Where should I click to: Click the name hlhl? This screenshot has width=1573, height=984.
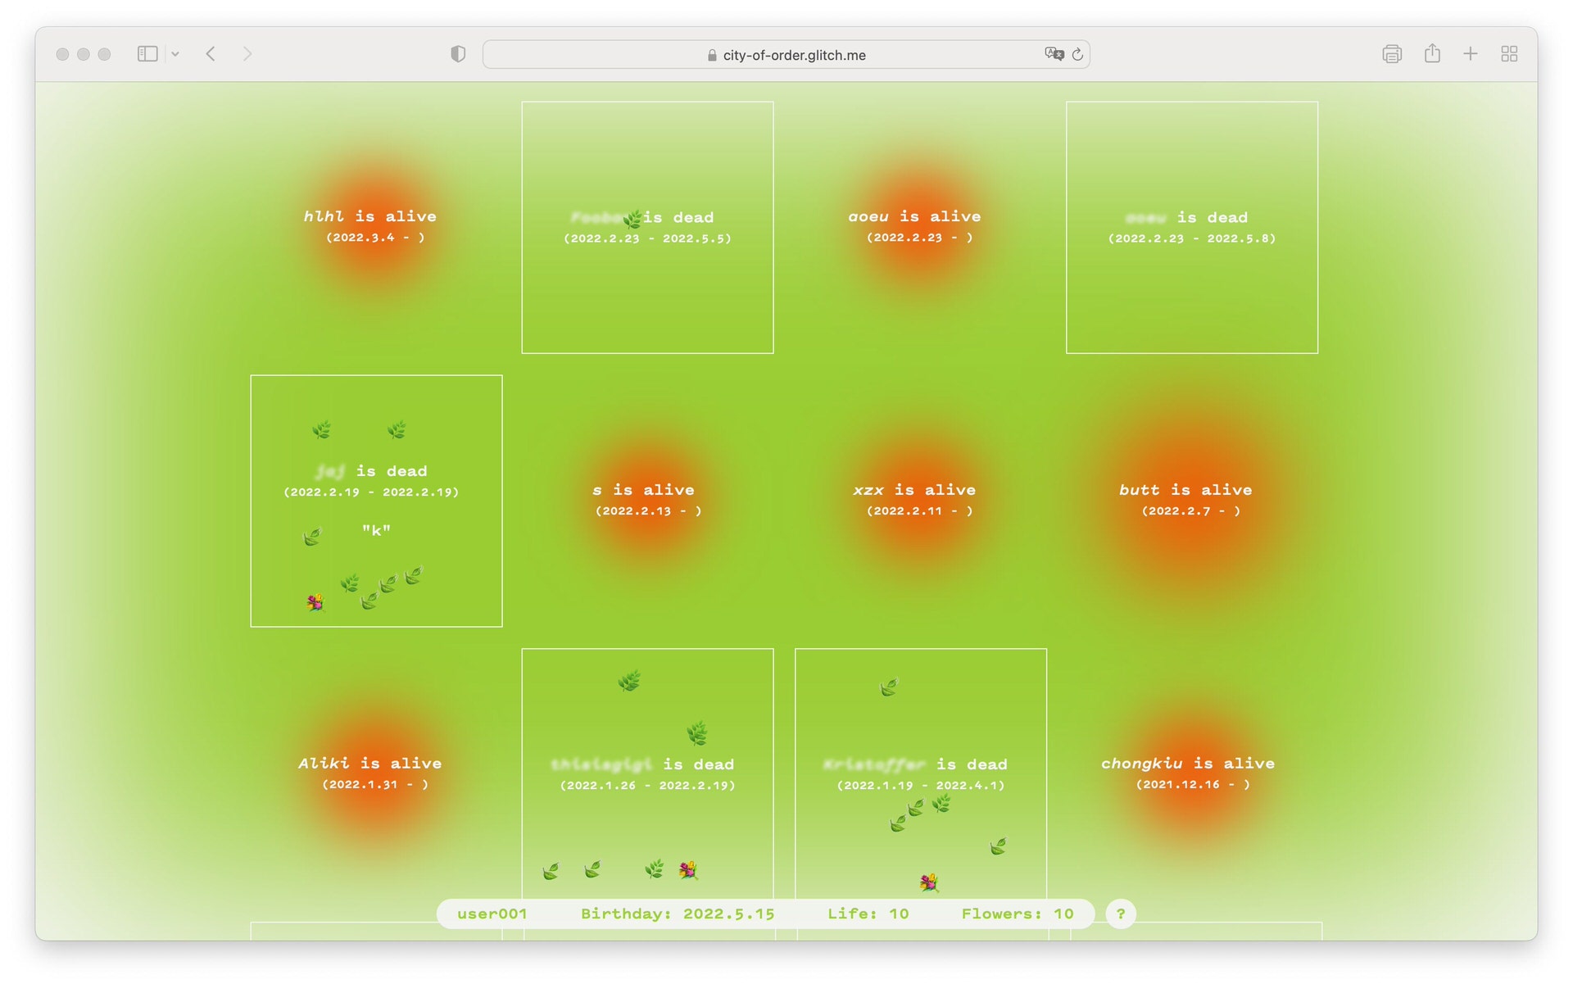coord(324,216)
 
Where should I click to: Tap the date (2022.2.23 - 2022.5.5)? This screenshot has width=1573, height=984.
coord(647,238)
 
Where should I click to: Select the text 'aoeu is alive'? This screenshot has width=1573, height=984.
coord(914,216)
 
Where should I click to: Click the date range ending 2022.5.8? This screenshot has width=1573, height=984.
coord(1191,238)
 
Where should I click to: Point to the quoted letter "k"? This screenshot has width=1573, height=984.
coord(376,530)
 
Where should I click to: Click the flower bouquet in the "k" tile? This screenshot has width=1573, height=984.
coord(315,603)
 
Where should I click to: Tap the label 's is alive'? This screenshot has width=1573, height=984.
coord(643,490)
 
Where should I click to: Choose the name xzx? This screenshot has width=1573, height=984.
coord(868,490)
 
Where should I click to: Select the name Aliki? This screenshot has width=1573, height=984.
coord(324,764)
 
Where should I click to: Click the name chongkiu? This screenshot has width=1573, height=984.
coord(1141,764)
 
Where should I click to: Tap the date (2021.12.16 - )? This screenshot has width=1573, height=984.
coord(1193,784)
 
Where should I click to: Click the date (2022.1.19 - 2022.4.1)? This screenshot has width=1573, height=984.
coord(920,785)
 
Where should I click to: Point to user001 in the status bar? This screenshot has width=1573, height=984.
coord(492,914)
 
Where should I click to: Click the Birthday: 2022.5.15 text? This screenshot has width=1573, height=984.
coord(678,914)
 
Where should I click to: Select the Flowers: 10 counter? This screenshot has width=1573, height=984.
coord(1017,914)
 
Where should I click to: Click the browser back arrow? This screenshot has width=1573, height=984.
coord(211,54)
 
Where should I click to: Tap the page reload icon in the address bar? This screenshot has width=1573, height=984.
coord(1077,55)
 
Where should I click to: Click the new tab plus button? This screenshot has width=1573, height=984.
coord(1470,54)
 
